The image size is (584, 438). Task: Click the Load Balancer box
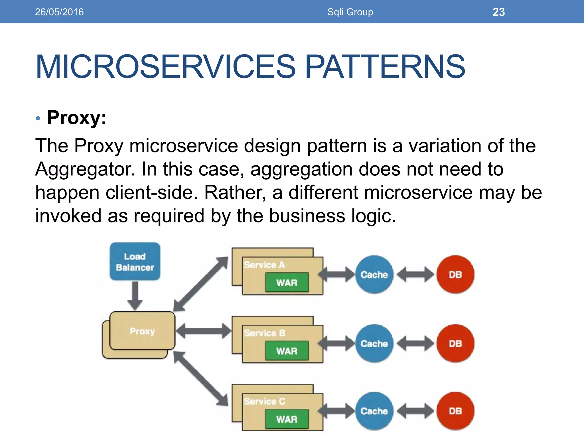click(x=135, y=261)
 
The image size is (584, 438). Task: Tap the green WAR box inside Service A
click(x=287, y=283)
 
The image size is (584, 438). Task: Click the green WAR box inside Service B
click(x=287, y=351)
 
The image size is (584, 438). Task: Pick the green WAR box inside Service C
click(x=287, y=419)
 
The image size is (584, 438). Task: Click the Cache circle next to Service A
click(x=374, y=274)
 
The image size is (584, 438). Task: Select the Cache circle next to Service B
click(x=374, y=343)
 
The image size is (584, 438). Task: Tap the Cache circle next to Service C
click(x=374, y=411)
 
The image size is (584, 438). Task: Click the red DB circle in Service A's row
click(x=455, y=274)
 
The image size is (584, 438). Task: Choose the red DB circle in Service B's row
click(x=455, y=343)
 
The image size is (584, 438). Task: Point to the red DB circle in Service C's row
click(x=455, y=411)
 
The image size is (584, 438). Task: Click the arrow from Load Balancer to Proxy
click(x=135, y=295)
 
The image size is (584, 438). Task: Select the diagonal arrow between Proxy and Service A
click(x=201, y=284)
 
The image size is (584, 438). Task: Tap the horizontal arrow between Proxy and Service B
click(x=204, y=331)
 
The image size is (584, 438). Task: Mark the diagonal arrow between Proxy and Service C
click(x=201, y=378)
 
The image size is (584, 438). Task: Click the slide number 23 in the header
click(x=498, y=12)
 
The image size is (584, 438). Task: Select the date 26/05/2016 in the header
click(x=59, y=12)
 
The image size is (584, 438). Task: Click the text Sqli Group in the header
click(x=350, y=12)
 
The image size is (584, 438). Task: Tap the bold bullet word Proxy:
click(x=76, y=117)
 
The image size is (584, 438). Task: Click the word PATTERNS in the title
click(x=385, y=67)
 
